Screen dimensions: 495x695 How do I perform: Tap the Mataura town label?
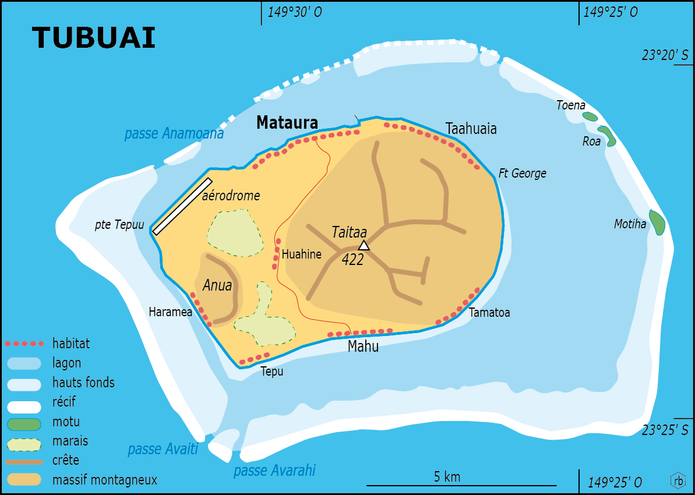[287, 123]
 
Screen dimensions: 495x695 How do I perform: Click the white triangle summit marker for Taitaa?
[364, 245]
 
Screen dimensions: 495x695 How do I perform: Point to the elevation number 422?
[352, 260]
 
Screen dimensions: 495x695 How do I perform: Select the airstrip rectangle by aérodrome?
[181, 206]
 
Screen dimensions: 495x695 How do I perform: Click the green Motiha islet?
[657, 222]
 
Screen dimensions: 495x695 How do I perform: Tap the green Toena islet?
[590, 116]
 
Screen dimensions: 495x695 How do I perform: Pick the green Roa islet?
[606, 136]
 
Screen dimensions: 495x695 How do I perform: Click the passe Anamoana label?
[174, 134]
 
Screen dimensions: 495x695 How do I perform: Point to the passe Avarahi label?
[274, 471]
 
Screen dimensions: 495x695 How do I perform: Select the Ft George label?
[522, 174]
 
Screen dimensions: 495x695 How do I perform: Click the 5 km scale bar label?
[447, 477]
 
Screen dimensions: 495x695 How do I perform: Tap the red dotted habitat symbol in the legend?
[24, 344]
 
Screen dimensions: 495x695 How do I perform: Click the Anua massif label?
[217, 286]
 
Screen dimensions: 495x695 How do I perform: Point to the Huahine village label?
[301, 254]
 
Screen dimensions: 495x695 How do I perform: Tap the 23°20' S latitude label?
[665, 55]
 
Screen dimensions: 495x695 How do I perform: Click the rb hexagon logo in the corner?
[678, 480]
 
